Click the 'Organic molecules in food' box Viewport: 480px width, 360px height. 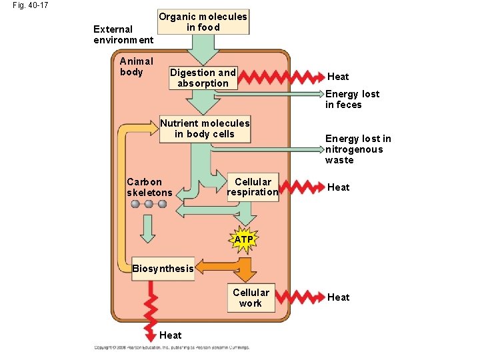(x=203, y=22)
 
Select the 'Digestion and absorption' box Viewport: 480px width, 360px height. (x=203, y=78)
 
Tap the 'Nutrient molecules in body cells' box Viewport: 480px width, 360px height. (x=205, y=129)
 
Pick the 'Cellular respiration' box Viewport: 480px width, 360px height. (x=253, y=187)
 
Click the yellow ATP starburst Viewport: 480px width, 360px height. (x=244, y=239)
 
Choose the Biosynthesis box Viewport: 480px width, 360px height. (x=163, y=269)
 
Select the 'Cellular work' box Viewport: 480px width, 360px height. (x=251, y=298)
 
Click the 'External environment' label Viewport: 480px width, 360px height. (x=123, y=35)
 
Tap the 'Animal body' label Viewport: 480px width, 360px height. (x=136, y=67)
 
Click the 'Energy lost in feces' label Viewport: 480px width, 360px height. (x=352, y=99)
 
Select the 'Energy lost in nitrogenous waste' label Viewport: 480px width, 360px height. (x=358, y=149)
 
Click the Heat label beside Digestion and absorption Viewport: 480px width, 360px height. (x=338, y=77)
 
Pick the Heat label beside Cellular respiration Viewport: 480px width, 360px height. (x=338, y=187)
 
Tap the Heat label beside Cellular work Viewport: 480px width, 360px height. (x=338, y=297)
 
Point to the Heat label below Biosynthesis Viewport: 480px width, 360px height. (x=171, y=335)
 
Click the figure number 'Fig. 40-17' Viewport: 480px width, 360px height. (x=30, y=6)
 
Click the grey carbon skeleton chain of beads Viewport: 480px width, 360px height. (x=149, y=204)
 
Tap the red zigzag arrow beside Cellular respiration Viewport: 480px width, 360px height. (x=299, y=187)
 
